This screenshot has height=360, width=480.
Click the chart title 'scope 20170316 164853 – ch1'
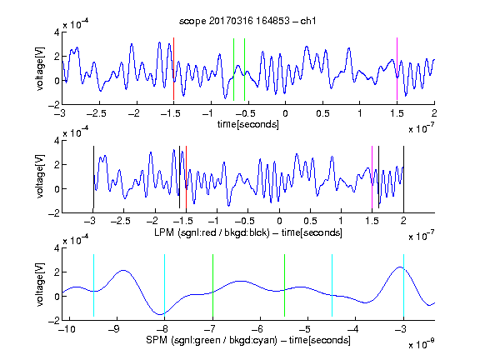pos(247,21)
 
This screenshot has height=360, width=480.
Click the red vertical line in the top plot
pos(173,69)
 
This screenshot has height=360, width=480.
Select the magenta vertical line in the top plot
pos(397,69)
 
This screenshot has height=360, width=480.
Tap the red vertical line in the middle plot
pos(186,177)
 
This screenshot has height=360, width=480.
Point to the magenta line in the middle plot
pos(372,177)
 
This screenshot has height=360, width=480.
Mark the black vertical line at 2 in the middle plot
pos(403,177)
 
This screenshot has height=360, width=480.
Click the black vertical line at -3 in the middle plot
pos(93,177)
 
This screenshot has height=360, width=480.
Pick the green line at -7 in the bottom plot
pos(212,285)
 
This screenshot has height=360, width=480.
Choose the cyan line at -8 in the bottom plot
pos(164,285)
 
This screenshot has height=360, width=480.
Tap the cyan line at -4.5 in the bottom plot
pos(332,285)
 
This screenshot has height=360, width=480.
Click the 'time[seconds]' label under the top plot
pos(248,124)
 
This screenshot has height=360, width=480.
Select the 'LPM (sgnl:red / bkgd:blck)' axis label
pos(212,232)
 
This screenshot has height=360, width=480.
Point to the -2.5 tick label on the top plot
pos(97,113)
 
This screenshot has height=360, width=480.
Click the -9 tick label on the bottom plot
pos(114,329)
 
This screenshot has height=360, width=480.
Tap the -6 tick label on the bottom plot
pos(260,329)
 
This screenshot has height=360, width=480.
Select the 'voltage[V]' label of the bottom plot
pos(40,284)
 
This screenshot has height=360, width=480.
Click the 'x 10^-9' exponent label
pos(422,344)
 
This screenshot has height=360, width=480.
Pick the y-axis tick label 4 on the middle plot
pos(57,141)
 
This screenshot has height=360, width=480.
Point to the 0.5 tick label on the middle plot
pos(310,221)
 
